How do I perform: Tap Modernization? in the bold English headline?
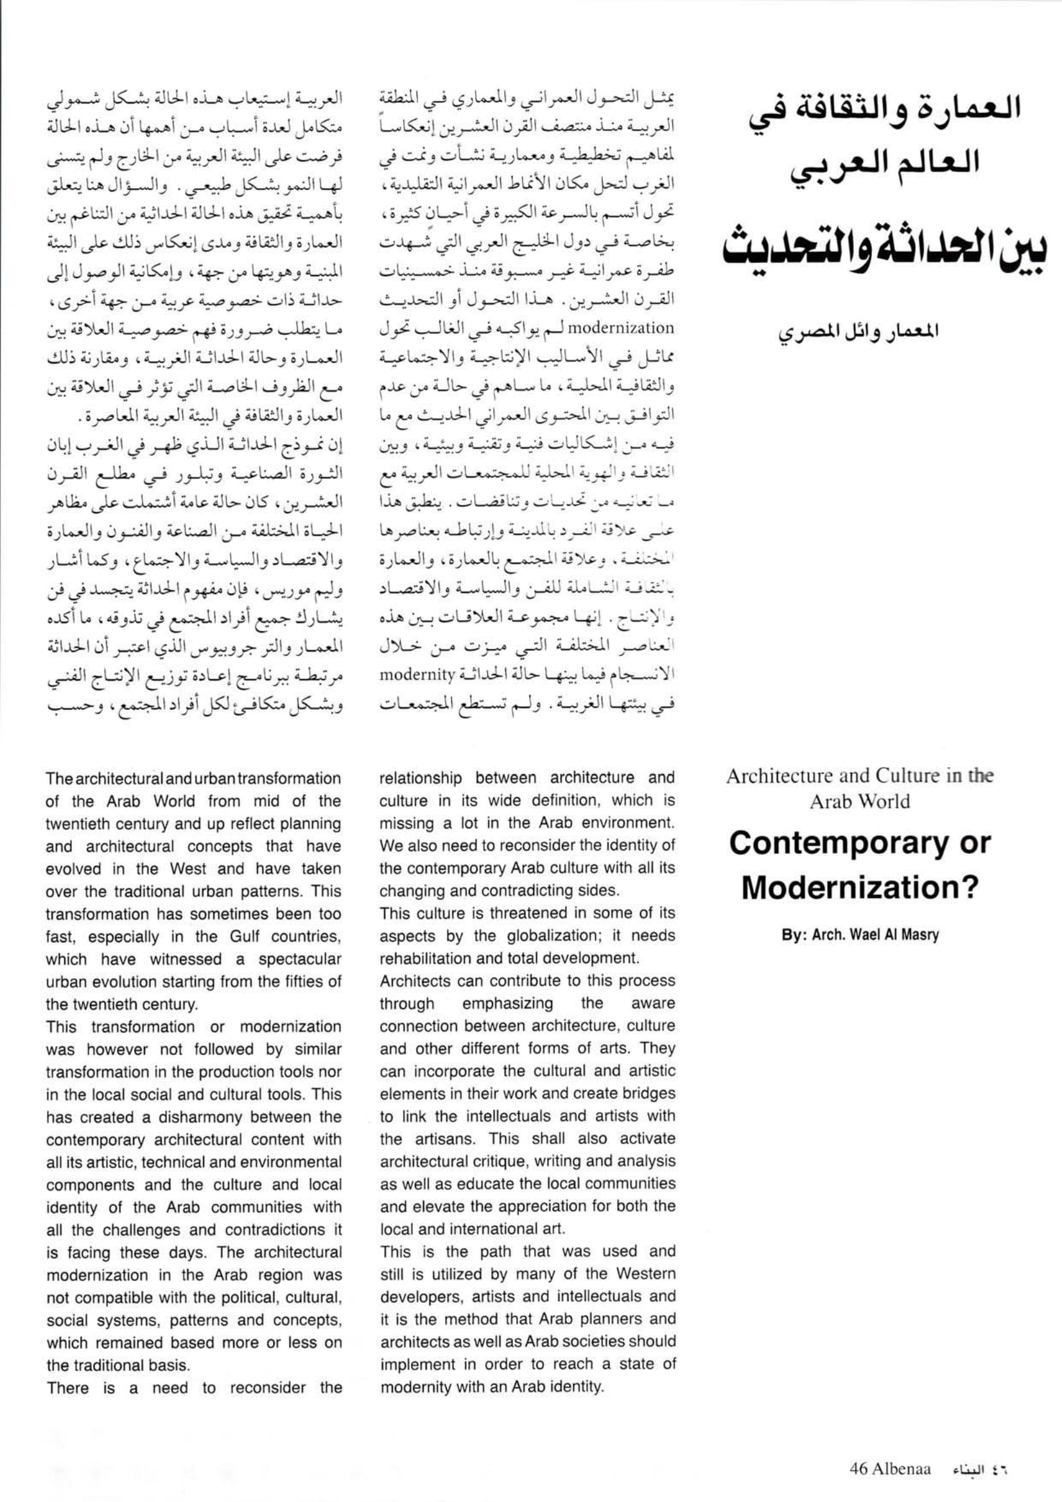[x=859, y=888]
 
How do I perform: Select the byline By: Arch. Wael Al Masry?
[x=859, y=935]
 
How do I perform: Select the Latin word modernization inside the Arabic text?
[x=632, y=327]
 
